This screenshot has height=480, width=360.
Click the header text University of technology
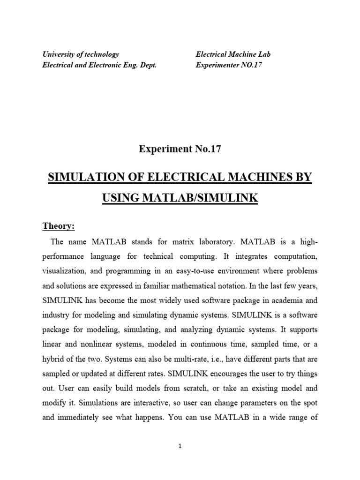[81, 54]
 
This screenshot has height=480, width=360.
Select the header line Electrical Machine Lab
[233, 54]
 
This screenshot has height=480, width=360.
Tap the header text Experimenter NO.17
[228, 65]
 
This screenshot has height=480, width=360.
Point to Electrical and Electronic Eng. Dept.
[99, 65]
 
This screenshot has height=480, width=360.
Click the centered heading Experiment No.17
[180, 149]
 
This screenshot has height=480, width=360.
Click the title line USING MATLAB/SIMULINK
[180, 198]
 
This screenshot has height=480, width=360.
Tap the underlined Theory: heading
[59, 226]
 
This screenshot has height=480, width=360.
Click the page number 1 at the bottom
[180, 446]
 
